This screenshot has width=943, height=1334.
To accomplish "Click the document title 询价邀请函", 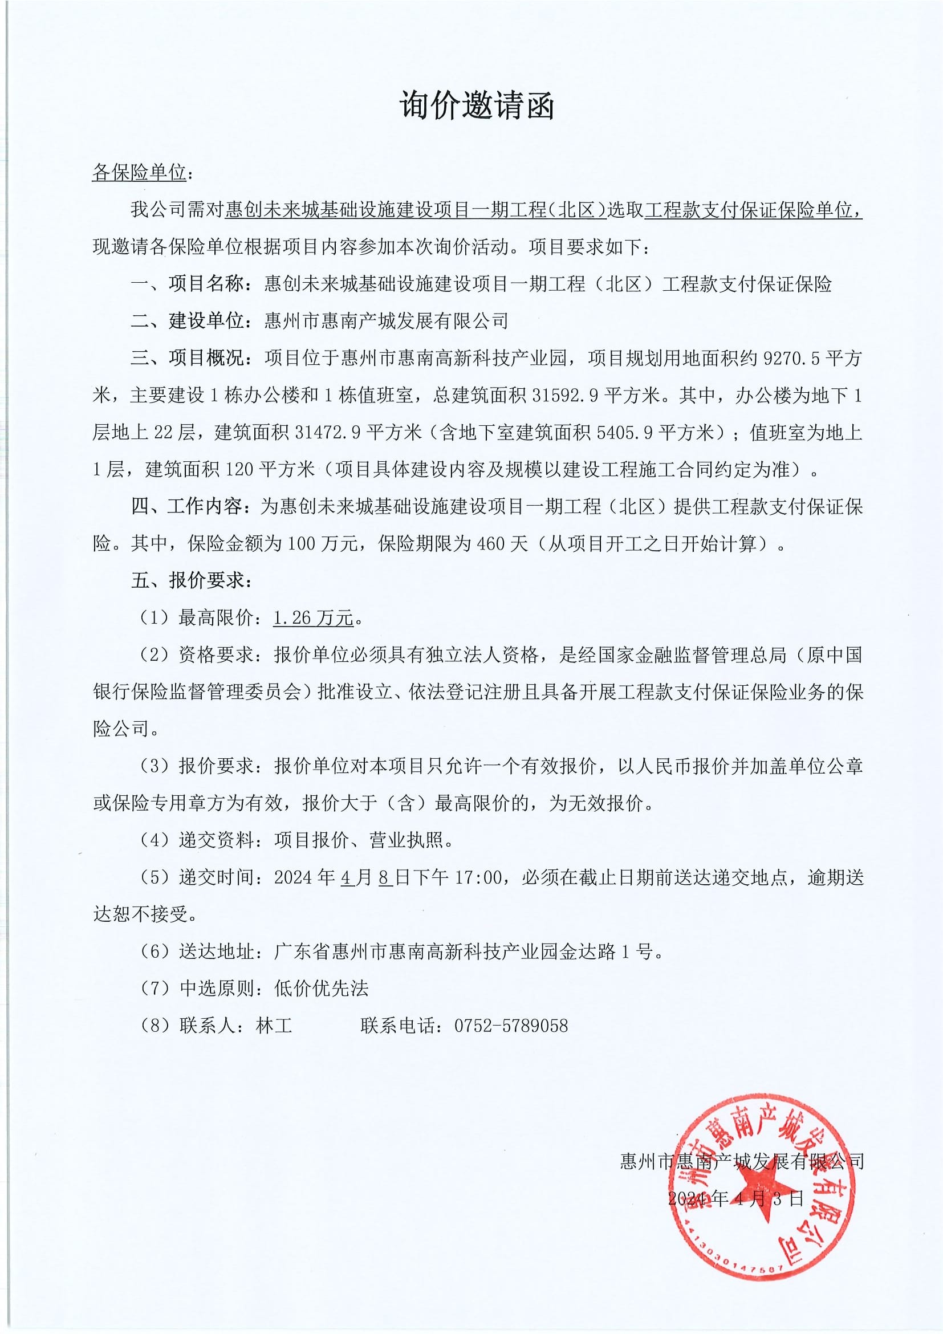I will pyautogui.click(x=477, y=107).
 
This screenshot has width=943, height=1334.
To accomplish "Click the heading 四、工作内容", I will pyautogui.click(x=186, y=507).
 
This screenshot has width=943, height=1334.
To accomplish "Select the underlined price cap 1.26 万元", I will pyautogui.click(x=313, y=618).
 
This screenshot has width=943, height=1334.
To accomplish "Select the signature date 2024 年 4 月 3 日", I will pyautogui.click(x=735, y=1198).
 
